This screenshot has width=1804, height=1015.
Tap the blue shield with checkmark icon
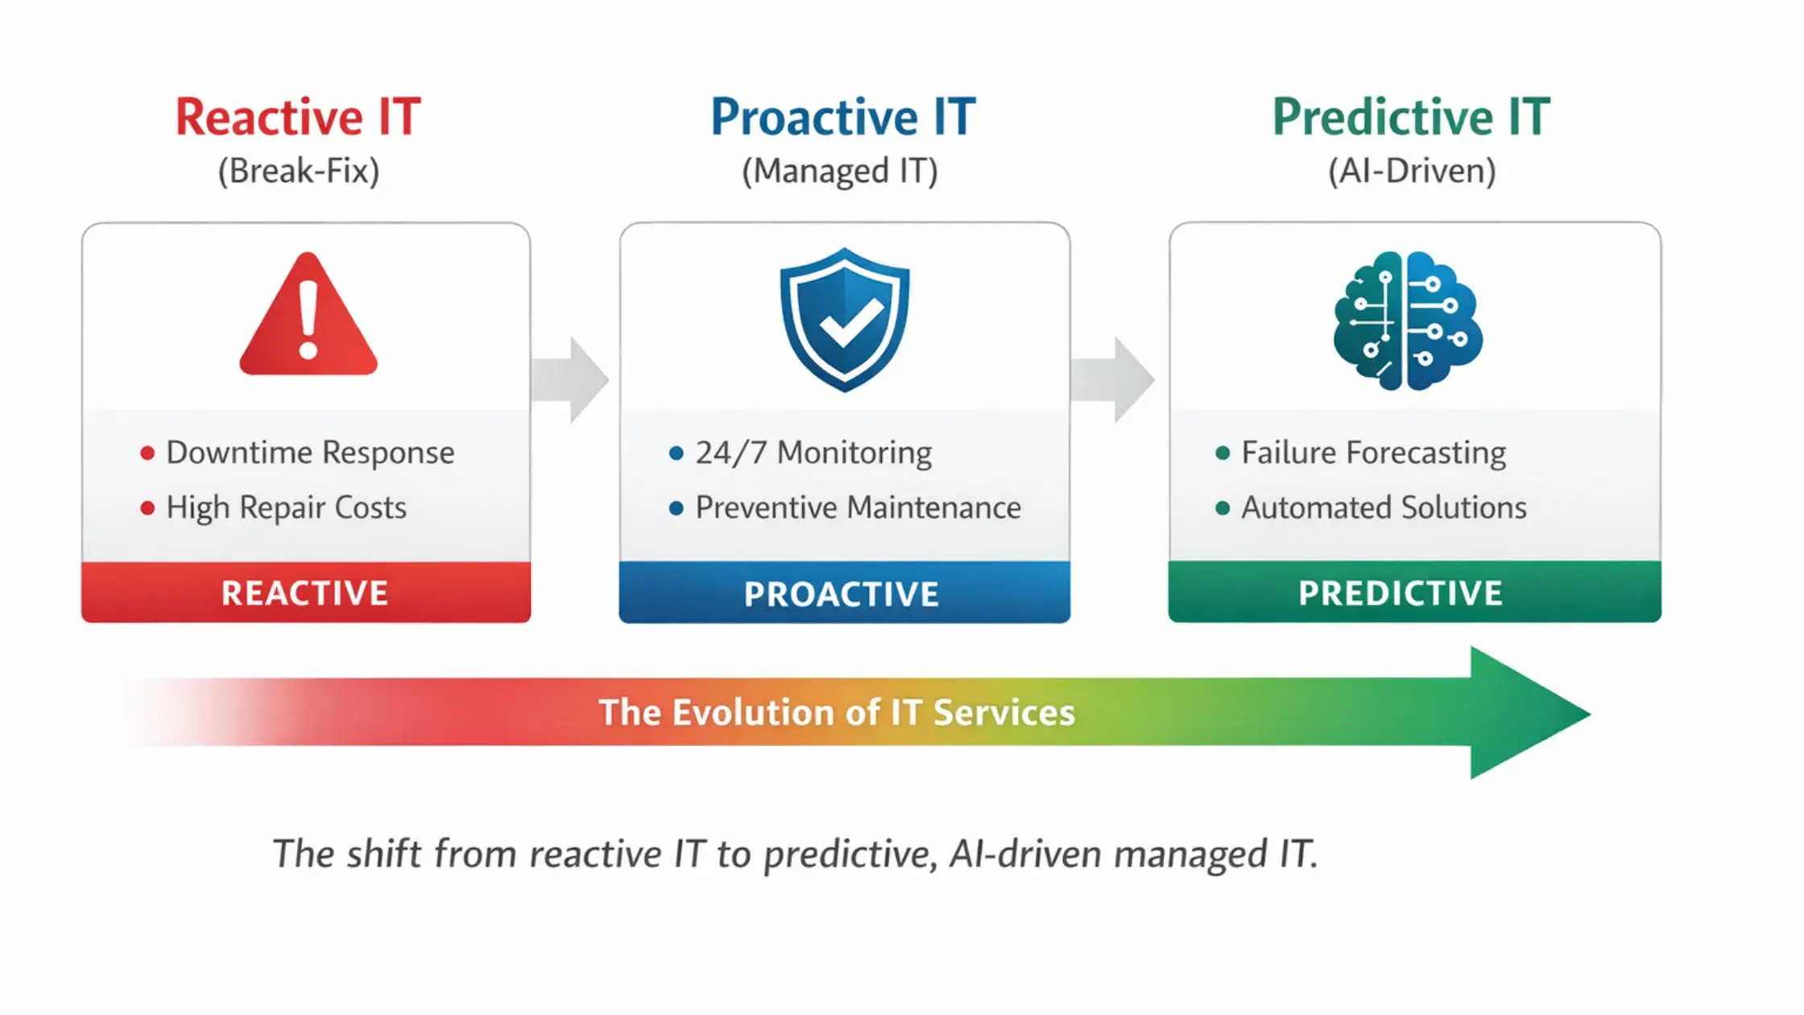844,320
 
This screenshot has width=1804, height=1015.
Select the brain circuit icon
1407,321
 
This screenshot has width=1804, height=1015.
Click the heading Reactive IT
298,118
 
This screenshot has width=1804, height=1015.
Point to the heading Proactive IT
842,118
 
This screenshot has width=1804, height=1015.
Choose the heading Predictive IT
1411,118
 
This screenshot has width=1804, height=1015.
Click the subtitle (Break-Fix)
299,172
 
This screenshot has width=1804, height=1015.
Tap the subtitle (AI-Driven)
1412,172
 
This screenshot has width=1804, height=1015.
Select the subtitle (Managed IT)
840,172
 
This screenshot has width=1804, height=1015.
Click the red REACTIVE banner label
305,594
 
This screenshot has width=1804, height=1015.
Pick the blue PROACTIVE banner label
842,594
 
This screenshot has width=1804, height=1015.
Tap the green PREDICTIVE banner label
1401,594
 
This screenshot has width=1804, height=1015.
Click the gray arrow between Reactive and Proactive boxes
571,379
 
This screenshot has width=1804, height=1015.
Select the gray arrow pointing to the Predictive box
1115,379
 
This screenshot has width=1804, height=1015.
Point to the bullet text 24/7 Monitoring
813,453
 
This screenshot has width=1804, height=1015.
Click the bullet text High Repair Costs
286,507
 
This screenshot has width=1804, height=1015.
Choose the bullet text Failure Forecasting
1373,453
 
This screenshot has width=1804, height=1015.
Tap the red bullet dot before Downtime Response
147,454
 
